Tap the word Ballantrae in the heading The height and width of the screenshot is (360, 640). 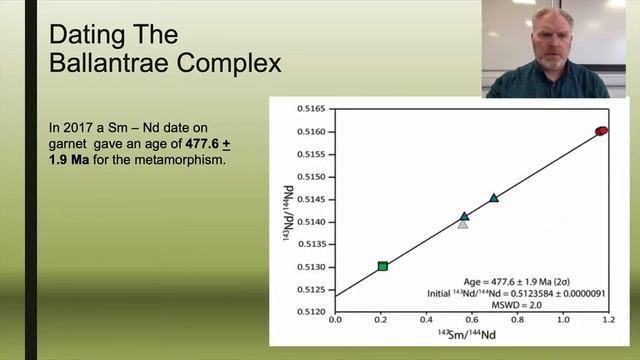118,65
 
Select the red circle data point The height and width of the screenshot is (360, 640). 602,131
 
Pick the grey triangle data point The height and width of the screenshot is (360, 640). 463,223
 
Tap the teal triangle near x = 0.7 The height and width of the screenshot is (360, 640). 494,198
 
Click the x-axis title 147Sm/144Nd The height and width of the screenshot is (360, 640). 472,339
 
